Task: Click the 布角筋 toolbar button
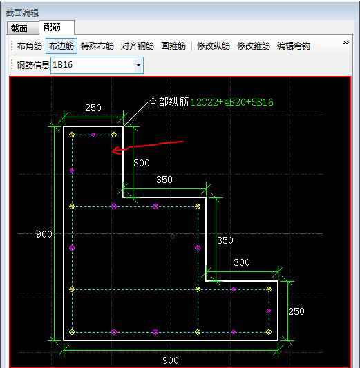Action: pyautogui.click(x=30, y=46)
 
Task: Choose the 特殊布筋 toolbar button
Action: pyautogui.click(x=97, y=46)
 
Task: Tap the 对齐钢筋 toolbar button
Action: pyautogui.click(x=138, y=46)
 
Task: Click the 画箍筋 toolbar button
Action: pyautogui.click(x=173, y=46)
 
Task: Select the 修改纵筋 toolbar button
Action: pyautogui.click(x=214, y=46)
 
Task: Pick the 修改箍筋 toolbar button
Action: pyautogui.click(x=254, y=46)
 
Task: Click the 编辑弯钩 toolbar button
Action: pyautogui.click(x=294, y=46)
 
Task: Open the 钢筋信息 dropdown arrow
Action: pyautogui.click(x=139, y=65)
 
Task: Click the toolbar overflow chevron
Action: pyautogui.click(x=345, y=43)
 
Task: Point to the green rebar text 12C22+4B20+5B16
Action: pyautogui.click(x=232, y=102)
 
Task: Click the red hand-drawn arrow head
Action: pyautogui.click(x=113, y=151)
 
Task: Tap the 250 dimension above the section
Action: pyautogui.click(x=93, y=108)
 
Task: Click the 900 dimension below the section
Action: pyautogui.click(x=171, y=360)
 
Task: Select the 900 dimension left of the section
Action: pyautogui.click(x=44, y=234)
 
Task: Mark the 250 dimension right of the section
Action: pyautogui.click(x=296, y=311)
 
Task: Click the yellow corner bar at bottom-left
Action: pyautogui.click(x=72, y=332)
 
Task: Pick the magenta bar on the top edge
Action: pyautogui.click(x=93, y=135)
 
